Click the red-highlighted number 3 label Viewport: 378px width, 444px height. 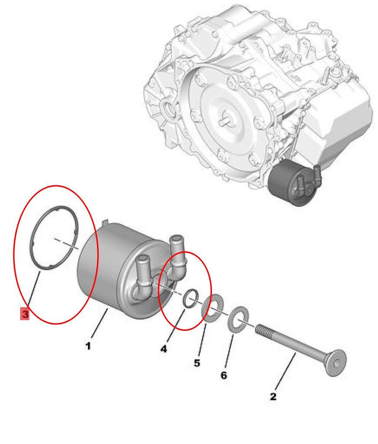[25, 313]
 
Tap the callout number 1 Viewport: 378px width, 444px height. [88, 346]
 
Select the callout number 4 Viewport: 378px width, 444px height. [164, 349]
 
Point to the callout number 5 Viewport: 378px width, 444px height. [197, 363]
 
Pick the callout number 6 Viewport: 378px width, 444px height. [224, 375]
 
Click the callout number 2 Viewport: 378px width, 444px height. [273, 396]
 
